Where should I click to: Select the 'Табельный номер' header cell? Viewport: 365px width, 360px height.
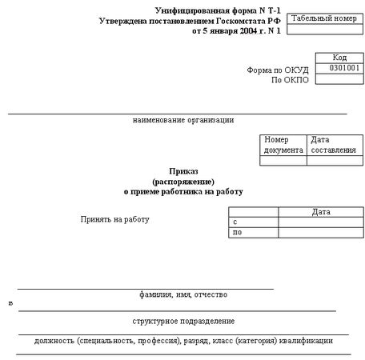(322, 18)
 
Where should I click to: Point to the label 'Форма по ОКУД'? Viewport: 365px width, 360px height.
(278, 70)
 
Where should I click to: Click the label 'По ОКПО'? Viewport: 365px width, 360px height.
(290, 81)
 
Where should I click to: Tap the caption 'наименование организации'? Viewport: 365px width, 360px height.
(183, 120)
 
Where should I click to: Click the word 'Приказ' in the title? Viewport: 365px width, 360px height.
(183, 171)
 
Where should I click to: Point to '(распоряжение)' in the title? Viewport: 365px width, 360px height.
(183, 182)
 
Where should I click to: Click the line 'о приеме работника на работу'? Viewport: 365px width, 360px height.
(183, 192)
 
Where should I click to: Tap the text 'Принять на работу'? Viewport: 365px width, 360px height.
(115, 219)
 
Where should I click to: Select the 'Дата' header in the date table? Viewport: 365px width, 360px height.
(321, 212)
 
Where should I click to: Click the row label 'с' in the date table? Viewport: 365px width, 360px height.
(235, 222)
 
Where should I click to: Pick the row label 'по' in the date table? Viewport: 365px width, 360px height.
(236, 232)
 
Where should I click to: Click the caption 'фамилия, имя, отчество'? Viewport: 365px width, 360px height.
(183, 294)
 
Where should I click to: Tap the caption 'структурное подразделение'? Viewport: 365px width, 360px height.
(183, 321)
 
